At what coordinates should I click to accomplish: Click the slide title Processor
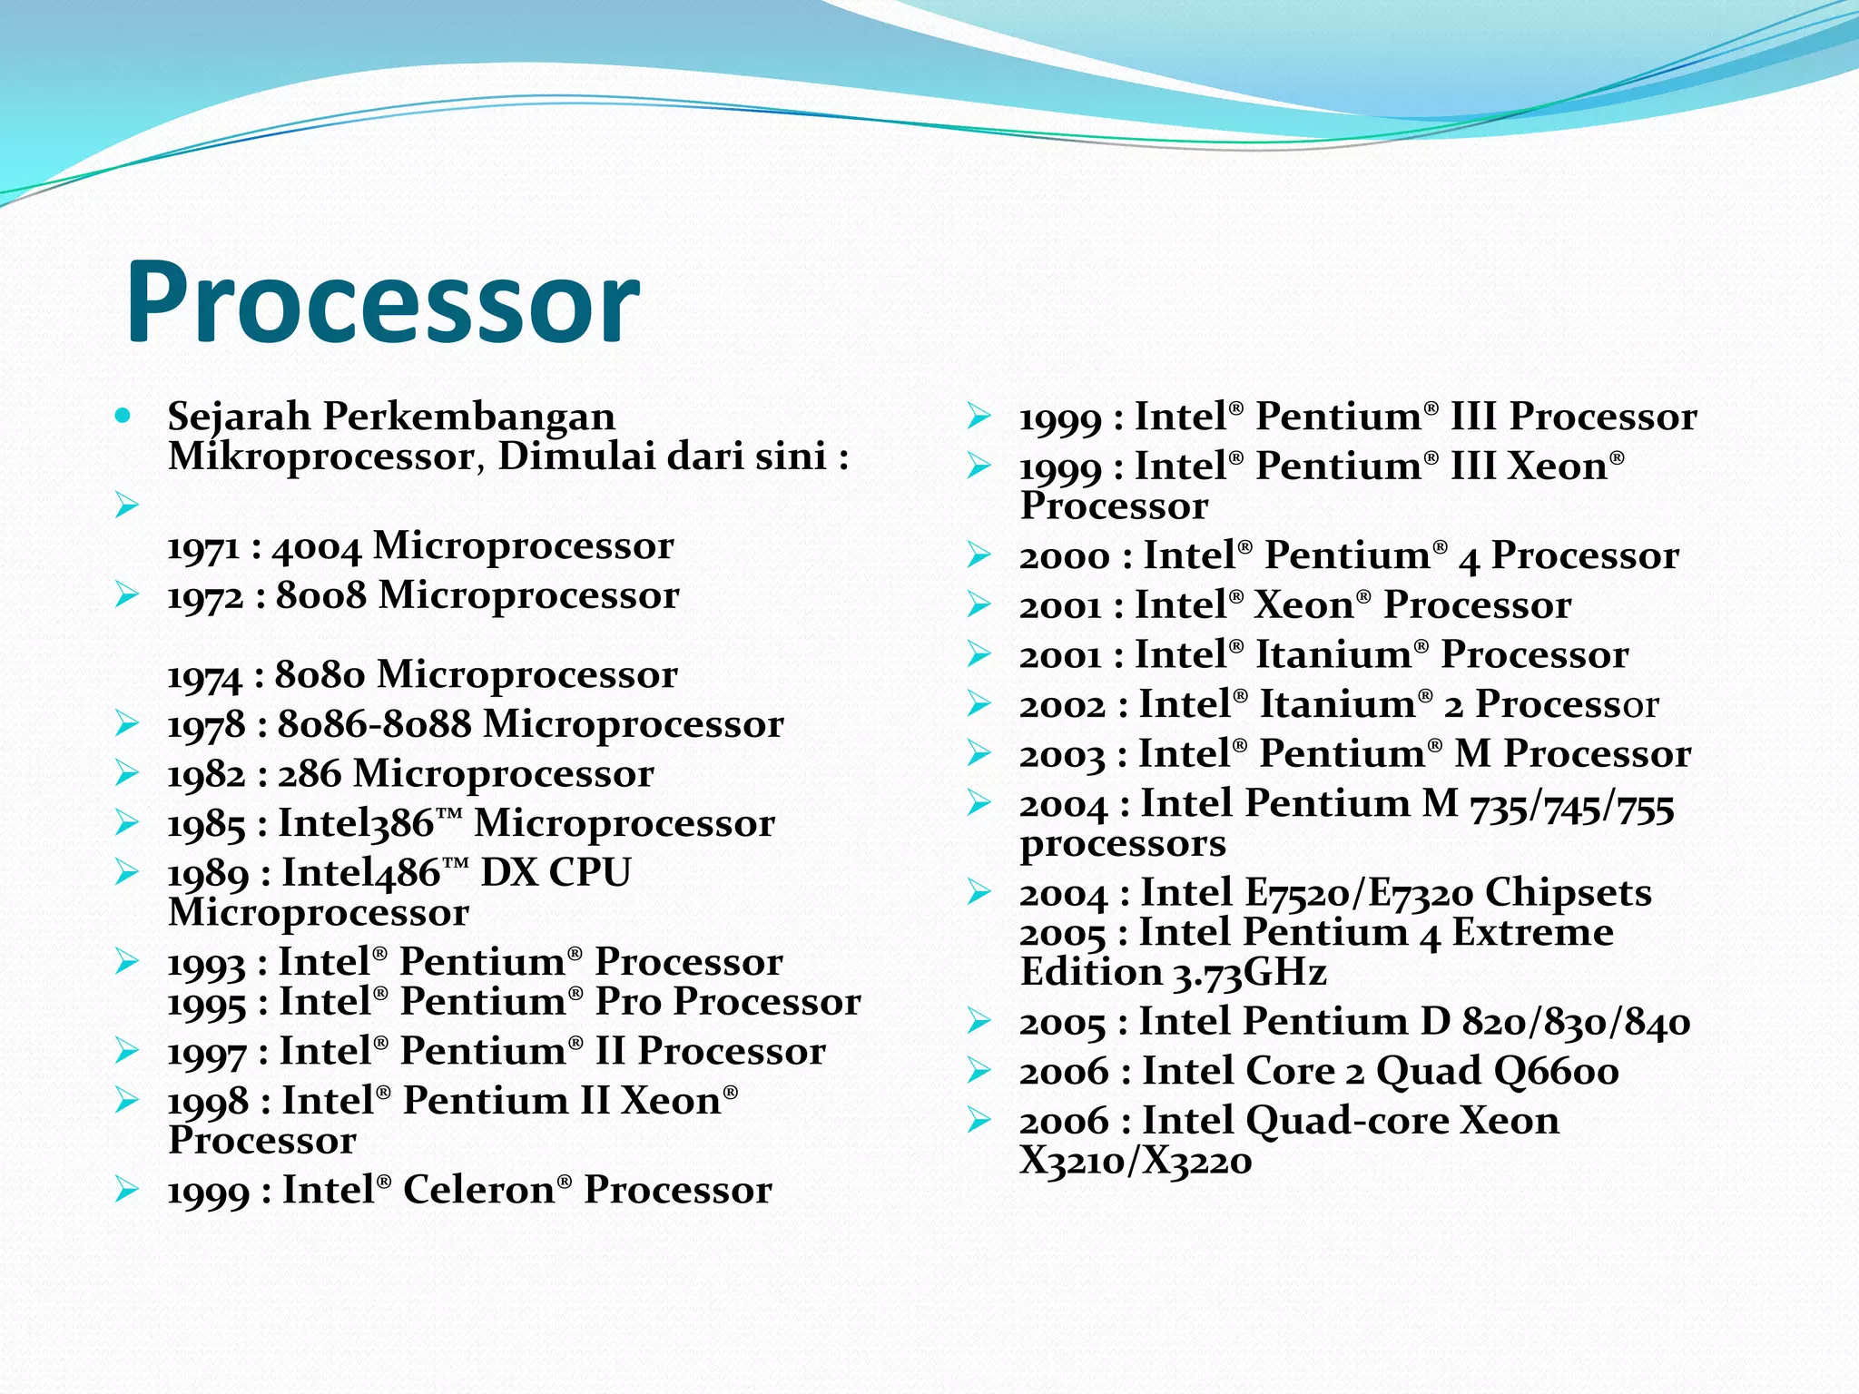tap(383, 301)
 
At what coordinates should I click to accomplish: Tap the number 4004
tap(316, 547)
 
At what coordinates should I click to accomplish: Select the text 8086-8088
tap(374, 725)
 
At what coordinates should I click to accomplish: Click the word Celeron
tap(478, 1190)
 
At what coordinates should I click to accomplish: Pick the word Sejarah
tap(240, 417)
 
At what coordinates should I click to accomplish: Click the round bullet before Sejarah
tap(123, 417)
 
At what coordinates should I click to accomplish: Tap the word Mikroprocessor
tap(321, 456)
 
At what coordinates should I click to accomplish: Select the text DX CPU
tap(555, 873)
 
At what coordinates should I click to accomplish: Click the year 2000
tap(1064, 556)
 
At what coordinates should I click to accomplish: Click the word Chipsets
tap(1568, 893)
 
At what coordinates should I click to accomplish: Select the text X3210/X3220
tap(1136, 1161)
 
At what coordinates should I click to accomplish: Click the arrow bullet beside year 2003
tap(979, 752)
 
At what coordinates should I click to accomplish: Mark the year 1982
tap(206, 775)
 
